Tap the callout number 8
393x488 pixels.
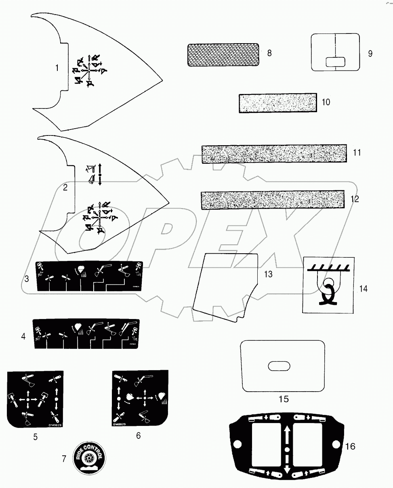[270, 53]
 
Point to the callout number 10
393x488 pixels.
[326, 102]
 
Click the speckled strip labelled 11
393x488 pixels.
[274, 154]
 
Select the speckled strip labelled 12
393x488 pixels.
[273, 200]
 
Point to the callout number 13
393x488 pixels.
[268, 274]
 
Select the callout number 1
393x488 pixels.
[57, 68]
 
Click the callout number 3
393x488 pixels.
[26, 278]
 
